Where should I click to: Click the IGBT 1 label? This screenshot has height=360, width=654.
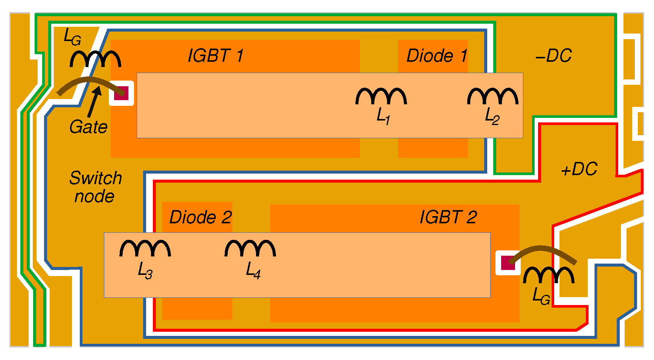pyautogui.click(x=216, y=56)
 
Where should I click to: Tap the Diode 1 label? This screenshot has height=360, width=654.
pyautogui.click(x=437, y=56)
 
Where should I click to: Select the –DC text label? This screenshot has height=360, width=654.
pyautogui.click(x=553, y=56)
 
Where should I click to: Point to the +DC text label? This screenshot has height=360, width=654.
pyautogui.click(x=579, y=169)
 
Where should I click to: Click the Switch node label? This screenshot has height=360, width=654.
pyautogui.click(x=96, y=187)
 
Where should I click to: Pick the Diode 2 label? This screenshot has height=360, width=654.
pyautogui.click(x=200, y=217)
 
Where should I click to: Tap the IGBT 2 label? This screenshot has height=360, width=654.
pyautogui.click(x=448, y=217)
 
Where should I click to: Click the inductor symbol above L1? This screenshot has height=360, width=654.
pyautogui.click(x=381, y=96)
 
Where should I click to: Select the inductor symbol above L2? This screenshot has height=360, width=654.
pyautogui.click(x=492, y=96)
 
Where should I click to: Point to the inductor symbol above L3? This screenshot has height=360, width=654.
pyautogui.click(x=145, y=249)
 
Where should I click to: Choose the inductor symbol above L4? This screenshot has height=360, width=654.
pyautogui.click(x=250, y=249)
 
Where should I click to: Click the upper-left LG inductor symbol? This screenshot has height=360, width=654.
pyautogui.click(x=95, y=59)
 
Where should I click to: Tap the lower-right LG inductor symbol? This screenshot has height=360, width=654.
pyautogui.click(x=549, y=275)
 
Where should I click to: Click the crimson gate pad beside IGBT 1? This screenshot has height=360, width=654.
pyautogui.click(x=121, y=93)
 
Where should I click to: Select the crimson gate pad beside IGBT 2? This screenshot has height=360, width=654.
pyautogui.click(x=508, y=263)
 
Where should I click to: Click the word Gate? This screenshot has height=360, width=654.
pyautogui.click(x=88, y=127)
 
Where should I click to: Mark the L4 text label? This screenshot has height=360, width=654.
pyautogui.click(x=253, y=270)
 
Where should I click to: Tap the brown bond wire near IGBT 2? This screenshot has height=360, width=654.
pyautogui.click(x=542, y=252)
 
